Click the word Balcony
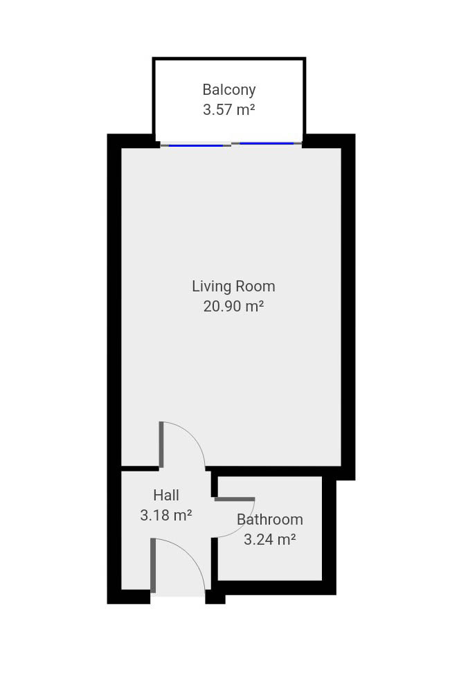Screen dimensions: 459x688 (x=229, y=90)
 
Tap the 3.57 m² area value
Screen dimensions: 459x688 (x=229, y=109)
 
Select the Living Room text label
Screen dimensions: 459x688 (x=233, y=287)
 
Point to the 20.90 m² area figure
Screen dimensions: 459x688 (x=233, y=306)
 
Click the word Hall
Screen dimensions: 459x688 (x=166, y=496)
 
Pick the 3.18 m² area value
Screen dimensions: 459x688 (x=166, y=515)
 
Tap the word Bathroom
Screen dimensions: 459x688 (x=270, y=520)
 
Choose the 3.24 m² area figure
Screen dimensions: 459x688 (x=270, y=539)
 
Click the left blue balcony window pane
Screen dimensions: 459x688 (x=196, y=145)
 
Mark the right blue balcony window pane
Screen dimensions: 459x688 (x=267, y=143)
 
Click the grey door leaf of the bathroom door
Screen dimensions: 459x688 (x=234, y=499)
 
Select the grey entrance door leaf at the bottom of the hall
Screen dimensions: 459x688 (x=153, y=565)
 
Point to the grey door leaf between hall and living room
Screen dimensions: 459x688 (x=161, y=444)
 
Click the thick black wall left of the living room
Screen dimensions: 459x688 (x=114, y=368)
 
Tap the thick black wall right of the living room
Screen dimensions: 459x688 (x=348, y=307)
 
